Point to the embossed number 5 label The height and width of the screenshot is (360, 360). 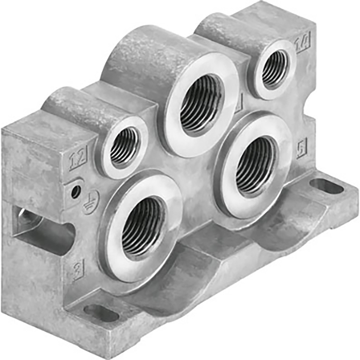[302, 149]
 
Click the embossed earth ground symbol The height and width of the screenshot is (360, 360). [88, 203]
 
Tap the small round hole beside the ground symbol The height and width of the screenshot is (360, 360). [76, 191]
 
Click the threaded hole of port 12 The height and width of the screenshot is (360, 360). [124, 146]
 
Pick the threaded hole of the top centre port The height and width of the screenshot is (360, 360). [202, 103]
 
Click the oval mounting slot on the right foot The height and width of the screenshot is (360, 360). [327, 186]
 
